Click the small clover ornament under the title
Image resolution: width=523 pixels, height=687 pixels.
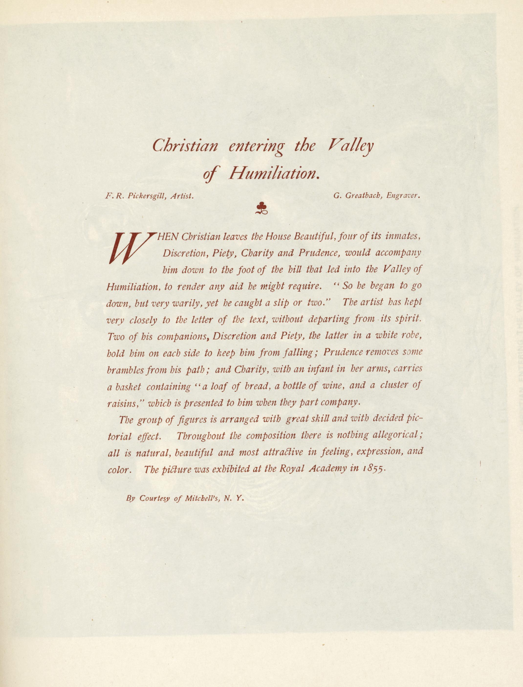262,208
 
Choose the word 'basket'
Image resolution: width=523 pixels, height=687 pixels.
128,387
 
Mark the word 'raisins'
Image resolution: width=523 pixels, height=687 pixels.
124,403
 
